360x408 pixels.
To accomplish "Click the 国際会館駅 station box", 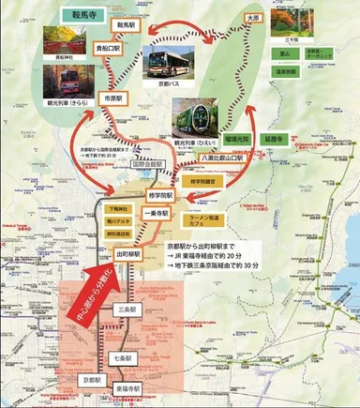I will pyautogui.click(x=147, y=163).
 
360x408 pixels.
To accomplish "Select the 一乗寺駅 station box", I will pyautogui.click(x=153, y=213).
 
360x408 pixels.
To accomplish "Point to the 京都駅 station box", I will pyautogui.click(x=91, y=379).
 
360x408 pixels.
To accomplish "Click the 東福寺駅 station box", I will pyautogui.click(x=129, y=388).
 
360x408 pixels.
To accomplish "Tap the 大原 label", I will pyautogui.click(x=250, y=17).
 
